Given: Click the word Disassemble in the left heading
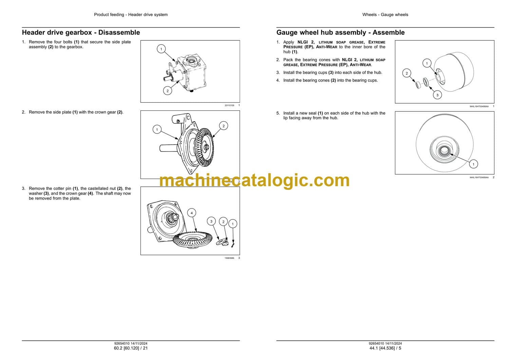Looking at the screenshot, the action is point(119,33).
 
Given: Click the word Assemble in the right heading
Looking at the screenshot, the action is point(389,33).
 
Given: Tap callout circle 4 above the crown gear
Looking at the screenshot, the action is point(192,213).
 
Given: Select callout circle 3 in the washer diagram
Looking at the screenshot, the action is point(211,221).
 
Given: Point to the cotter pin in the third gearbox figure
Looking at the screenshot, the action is point(233,244).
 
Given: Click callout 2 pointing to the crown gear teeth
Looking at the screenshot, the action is point(224,126).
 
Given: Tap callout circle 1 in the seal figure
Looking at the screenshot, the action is point(474,164).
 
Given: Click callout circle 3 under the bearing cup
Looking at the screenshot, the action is point(437,95).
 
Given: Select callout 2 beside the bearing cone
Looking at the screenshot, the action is point(407,73).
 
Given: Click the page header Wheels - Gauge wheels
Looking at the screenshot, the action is point(385,15).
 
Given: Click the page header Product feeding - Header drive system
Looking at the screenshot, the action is point(131,15).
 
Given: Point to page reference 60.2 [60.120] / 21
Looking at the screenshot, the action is point(131,348).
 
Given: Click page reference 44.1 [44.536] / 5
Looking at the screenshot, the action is point(385,348).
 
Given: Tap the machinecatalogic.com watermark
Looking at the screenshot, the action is point(254,181).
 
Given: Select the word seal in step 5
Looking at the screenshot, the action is point(312,113).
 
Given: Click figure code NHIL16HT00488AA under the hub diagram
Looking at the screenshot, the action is point(479,106).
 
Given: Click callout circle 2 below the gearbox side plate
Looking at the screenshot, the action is point(168,91).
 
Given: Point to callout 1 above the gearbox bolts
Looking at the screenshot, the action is point(161,49).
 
